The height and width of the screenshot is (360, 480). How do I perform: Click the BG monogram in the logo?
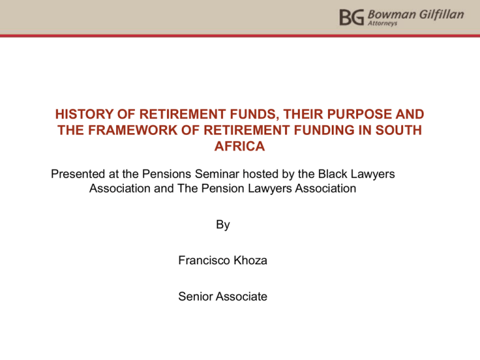coord(352,17)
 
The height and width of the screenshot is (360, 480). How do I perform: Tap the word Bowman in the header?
coord(391,14)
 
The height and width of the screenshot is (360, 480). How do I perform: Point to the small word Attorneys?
coord(382,23)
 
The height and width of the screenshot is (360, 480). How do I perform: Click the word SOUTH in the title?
coord(399,130)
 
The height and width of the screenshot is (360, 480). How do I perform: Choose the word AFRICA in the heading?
coord(239,146)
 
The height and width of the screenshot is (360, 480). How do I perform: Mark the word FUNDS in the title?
coord(254,114)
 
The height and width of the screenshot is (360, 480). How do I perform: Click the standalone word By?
coord(223,225)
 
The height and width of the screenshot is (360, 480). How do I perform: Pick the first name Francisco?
coord(204,261)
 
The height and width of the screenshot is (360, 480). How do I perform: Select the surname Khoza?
coord(250,261)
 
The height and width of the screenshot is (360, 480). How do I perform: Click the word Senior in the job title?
coord(194,297)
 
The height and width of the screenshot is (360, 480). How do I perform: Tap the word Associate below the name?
coord(240,297)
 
